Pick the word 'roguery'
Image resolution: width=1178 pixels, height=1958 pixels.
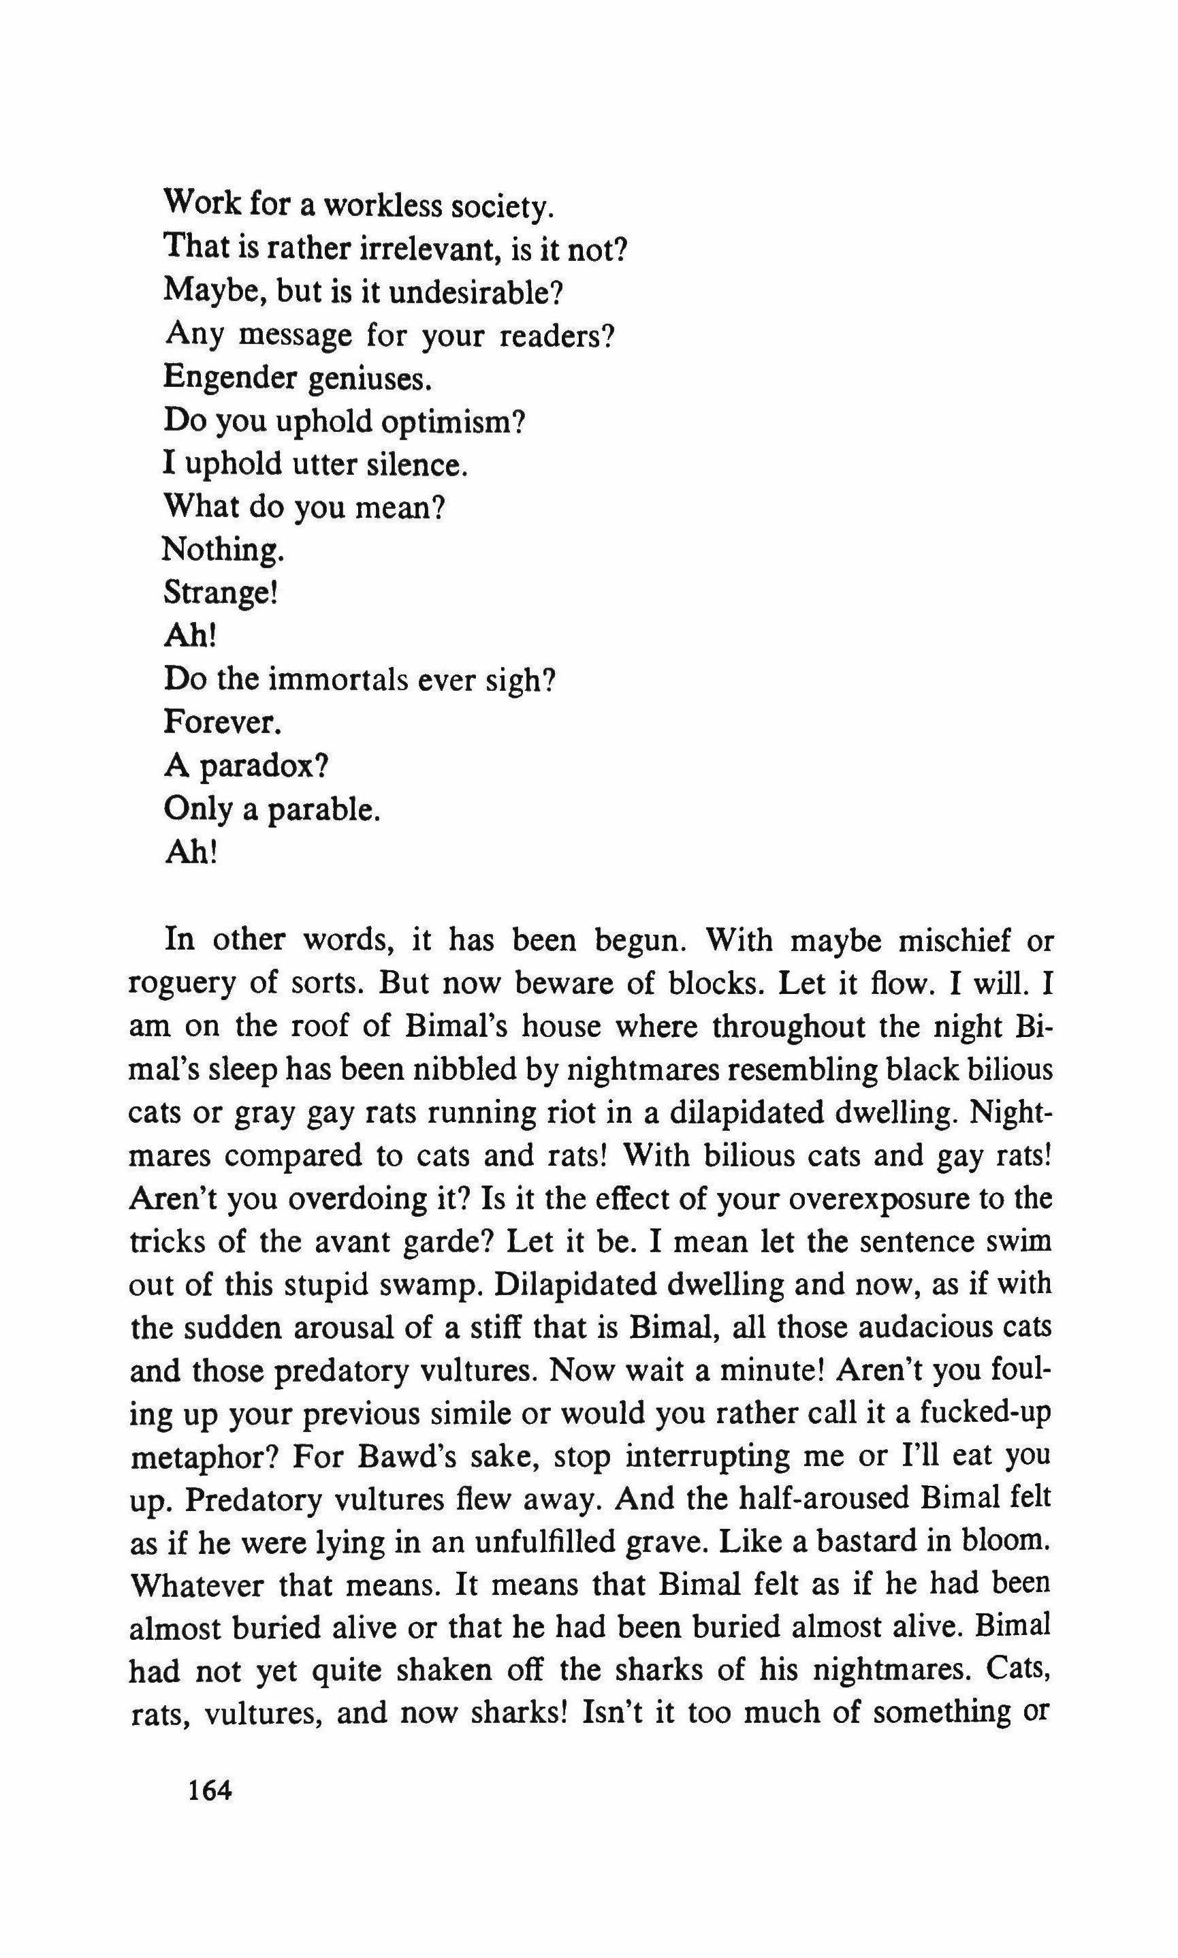coord(179,984)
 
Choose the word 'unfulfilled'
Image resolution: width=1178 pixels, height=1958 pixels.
coord(541,1542)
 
